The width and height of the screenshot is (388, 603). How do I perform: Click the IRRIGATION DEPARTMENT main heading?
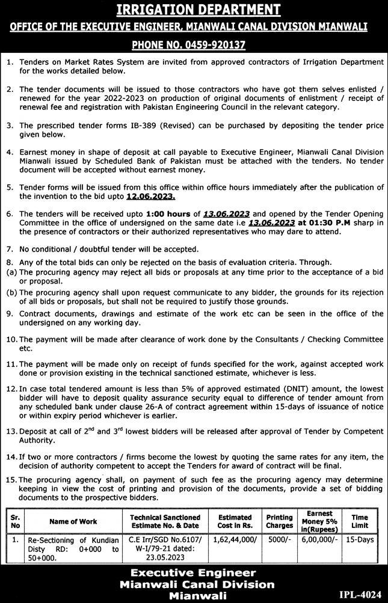(x=194, y=10)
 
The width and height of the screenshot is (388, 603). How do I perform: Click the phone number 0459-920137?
(x=218, y=45)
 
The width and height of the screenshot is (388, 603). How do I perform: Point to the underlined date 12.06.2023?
(x=151, y=196)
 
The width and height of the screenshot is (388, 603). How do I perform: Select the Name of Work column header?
(x=73, y=521)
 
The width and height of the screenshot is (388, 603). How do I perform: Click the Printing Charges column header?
(x=279, y=521)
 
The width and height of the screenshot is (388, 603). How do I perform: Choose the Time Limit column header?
(x=360, y=521)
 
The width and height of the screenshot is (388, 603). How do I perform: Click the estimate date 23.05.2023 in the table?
(x=165, y=557)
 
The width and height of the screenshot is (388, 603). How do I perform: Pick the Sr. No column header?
(x=15, y=521)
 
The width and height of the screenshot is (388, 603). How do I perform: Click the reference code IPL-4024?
(x=360, y=595)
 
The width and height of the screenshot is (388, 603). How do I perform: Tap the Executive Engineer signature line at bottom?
(x=194, y=573)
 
